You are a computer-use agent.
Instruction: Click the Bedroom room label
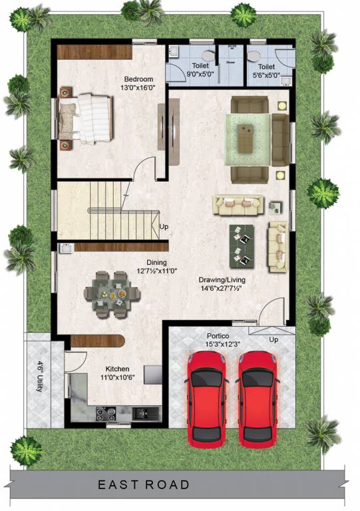pyautogui.click(x=138, y=79)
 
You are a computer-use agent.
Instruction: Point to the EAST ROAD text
pyautogui.click(x=144, y=485)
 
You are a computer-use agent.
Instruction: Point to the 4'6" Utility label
pyautogui.click(x=41, y=376)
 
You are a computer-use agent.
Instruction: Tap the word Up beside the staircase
pyautogui.click(x=164, y=227)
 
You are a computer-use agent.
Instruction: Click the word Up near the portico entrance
pyautogui.click(x=273, y=339)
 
